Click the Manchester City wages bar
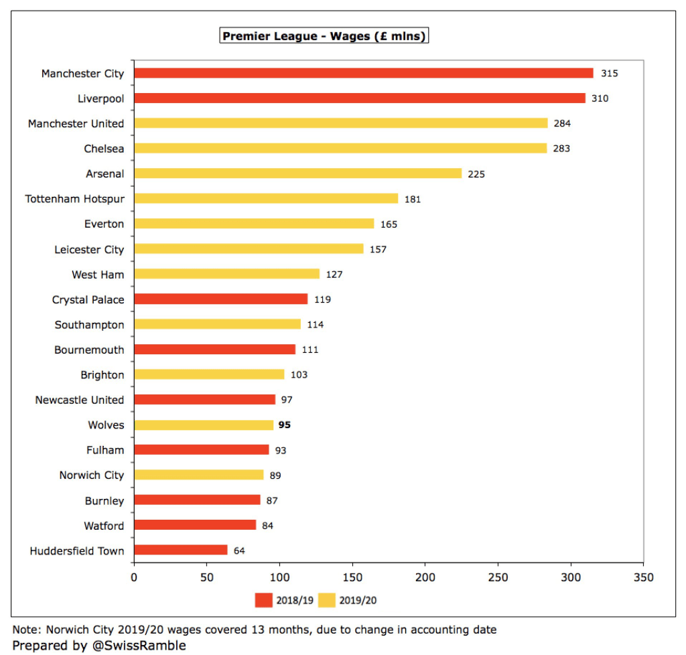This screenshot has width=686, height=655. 363,73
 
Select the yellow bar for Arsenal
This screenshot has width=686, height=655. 297,173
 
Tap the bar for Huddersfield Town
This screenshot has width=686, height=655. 180,551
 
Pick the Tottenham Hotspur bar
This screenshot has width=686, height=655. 265,199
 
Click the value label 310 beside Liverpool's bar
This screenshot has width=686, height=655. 600,98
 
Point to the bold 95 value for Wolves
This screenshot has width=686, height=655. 284,425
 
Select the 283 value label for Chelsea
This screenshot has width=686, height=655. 561,149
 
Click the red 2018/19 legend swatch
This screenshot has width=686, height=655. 264,600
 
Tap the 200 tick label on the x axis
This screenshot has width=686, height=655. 425,577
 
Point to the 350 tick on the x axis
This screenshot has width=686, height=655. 643,577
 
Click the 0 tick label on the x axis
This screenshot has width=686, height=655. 134,577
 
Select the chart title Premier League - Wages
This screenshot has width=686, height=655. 324,36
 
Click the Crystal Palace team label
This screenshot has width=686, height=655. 88,300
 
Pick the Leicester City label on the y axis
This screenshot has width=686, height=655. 89,250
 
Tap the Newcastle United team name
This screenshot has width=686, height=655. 79,400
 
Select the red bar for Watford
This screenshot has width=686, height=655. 195,525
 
